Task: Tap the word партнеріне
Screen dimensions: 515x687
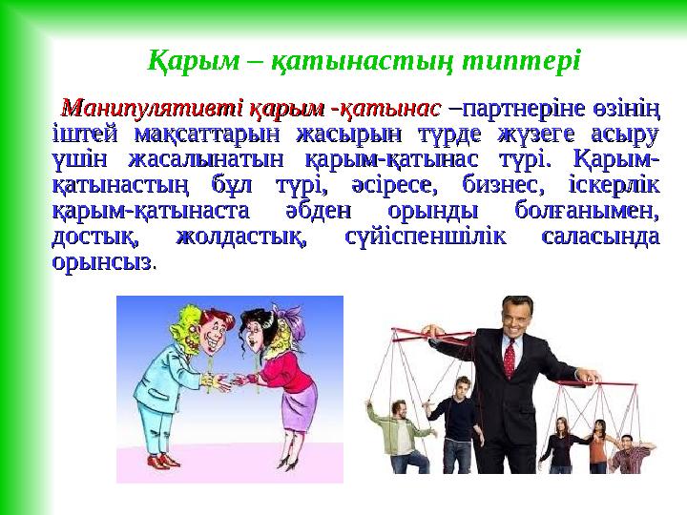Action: (x=511, y=104)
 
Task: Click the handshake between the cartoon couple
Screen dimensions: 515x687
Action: (x=229, y=381)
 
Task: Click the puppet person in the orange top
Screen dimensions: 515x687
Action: (x=562, y=448)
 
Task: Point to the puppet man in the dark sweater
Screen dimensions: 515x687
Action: (x=463, y=420)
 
